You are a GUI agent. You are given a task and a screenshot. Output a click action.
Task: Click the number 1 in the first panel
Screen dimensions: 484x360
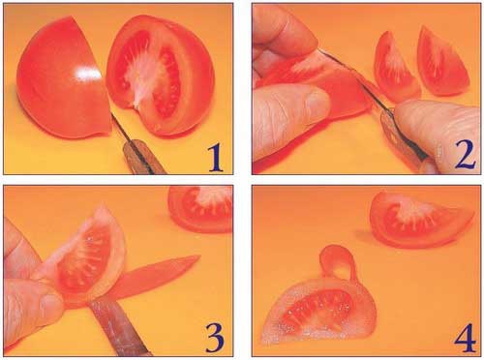click(x=216, y=159)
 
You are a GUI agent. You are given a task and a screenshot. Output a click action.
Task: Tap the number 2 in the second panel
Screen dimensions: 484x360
click(x=465, y=156)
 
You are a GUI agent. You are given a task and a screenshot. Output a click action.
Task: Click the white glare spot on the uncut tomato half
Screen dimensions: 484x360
click(x=86, y=74)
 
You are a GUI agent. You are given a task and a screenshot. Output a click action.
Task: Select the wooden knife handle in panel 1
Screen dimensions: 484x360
click(x=143, y=158)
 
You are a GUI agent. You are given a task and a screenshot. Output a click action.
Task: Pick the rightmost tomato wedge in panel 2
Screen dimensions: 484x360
click(x=442, y=63)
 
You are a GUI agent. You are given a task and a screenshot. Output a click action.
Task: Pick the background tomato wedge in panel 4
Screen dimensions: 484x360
click(x=419, y=221)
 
